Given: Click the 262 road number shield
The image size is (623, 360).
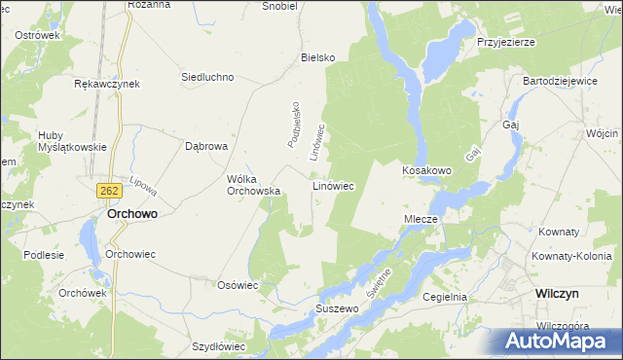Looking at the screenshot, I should coord(109,193).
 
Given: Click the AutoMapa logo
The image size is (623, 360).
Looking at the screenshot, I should coord(557,341).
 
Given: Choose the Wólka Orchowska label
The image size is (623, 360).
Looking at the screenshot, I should coord(253,185).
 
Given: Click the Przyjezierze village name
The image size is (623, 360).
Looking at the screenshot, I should coord(507,43).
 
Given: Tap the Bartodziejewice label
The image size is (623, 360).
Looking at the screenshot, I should coord(560,81).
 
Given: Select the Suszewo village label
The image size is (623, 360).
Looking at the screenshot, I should coord(337,308).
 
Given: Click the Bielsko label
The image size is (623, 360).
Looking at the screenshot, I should coord(318,57).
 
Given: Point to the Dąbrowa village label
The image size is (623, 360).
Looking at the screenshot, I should coord(205,146).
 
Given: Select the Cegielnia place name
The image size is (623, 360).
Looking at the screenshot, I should coord(446,297).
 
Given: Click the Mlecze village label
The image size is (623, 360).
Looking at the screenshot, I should coord(423,220).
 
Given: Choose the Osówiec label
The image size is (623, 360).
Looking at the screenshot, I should coord(237,285).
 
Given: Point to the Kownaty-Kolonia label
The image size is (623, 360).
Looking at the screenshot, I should coord(568,257).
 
